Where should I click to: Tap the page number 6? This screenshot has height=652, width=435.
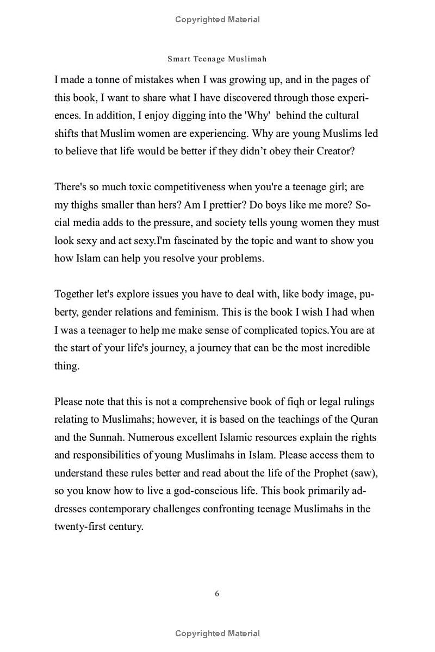point(217,594)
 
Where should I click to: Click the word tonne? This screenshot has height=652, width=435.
point(108,80)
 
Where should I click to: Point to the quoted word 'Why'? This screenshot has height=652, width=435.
point(258,116)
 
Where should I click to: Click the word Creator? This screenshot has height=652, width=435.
point(334,151)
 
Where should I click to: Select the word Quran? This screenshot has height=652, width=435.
point(364,419)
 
